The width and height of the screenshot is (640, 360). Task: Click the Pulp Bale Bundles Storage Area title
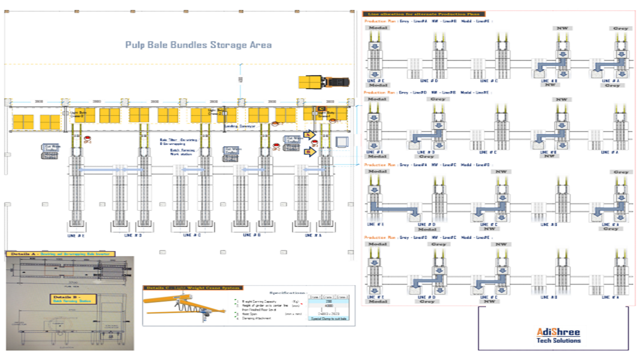198,45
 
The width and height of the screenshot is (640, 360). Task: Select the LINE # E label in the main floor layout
76,235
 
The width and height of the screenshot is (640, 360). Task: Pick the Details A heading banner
60,254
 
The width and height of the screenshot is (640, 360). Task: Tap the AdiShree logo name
558,332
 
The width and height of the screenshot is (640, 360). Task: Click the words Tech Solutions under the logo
558,340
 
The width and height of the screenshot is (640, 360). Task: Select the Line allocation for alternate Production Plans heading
423,14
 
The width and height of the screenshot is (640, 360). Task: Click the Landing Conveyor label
240,126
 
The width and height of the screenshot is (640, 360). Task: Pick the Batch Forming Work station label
181,152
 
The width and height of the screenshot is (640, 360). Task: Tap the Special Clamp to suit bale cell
329,318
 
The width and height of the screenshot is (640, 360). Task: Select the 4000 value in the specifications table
329,306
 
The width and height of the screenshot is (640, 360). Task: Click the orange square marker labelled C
321,109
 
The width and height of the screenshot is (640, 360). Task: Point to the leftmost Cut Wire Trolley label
49,148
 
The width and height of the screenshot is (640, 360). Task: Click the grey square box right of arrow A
342,142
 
